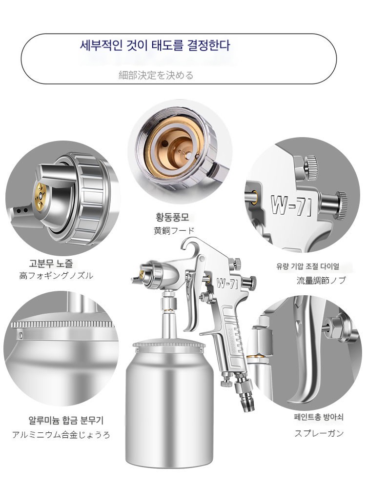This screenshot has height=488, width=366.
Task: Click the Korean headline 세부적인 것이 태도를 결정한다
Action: pyautogui.click(x=155, y=45)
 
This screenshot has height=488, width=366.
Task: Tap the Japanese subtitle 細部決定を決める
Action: pyautogui.click(x=156, y=75)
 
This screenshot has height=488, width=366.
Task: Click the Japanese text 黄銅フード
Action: pyautogui.click(x=174, y=231)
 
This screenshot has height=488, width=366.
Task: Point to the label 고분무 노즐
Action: pyautogui.click(x=51, y=263)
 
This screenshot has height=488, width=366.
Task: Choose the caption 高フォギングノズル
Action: pyautogui.click(x=56, y=276)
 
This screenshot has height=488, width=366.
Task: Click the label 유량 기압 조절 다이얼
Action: pyautogui.click(x=307, y=266)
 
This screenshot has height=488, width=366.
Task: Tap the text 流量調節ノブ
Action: pyautogui.click(x=321, y=281)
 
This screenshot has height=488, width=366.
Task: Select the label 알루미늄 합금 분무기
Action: pyautogui.click(x=66, y=421)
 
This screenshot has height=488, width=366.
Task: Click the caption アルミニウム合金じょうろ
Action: pyautogui.click(x=61, y=434)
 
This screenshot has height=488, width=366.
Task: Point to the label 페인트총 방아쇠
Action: pyautogui.click(x=319, y=417)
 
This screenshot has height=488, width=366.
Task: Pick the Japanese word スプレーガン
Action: pyautogui.click(x=319, y=433)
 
